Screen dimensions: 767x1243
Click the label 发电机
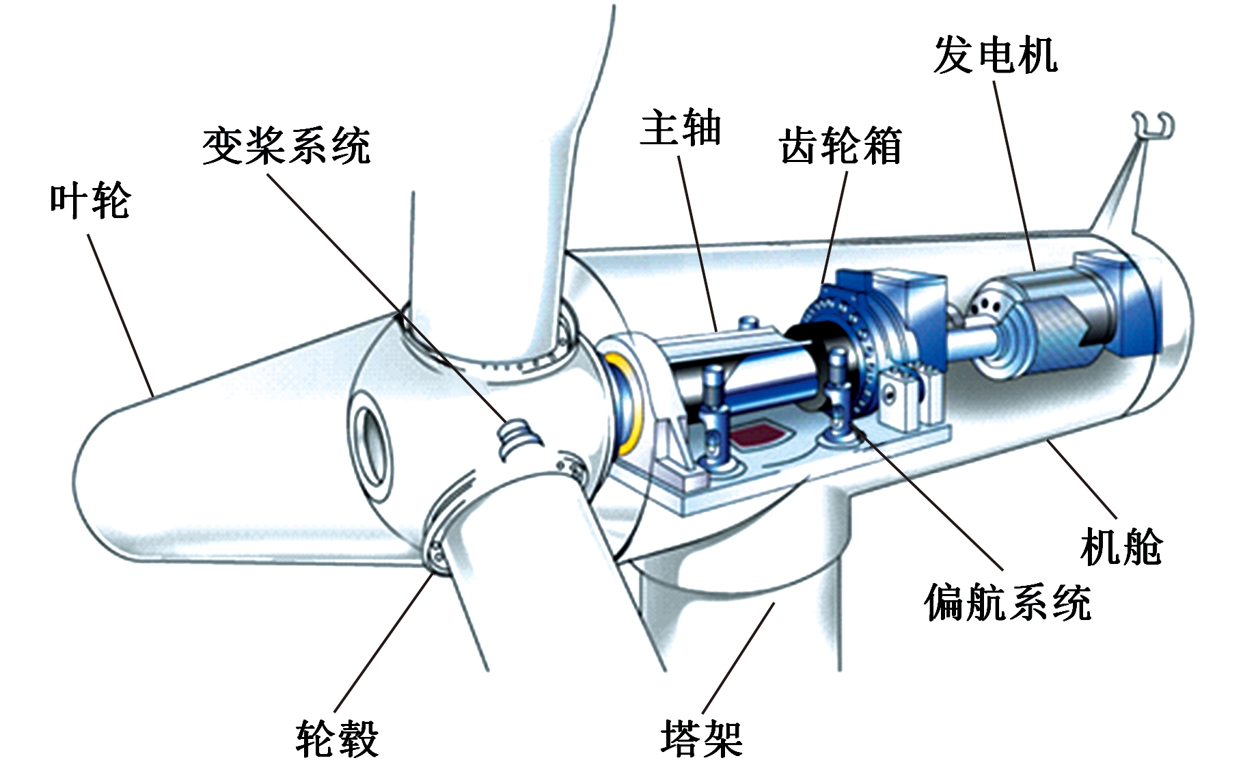pos(995,55)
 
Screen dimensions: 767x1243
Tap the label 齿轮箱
pos(840,146)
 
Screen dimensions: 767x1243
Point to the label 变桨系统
pos(286,146)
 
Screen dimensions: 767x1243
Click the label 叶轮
pos(90,200)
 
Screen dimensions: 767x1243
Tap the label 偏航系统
pos(1007,602)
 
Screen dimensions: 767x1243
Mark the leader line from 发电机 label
pos(1014,178)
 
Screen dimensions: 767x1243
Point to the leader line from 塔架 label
pos(739,656)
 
